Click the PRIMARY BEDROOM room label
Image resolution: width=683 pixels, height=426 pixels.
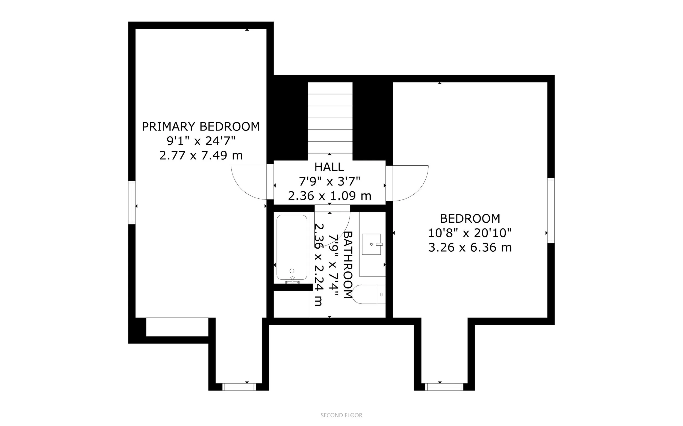[201, 127]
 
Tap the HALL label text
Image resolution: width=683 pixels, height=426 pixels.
[329, 167]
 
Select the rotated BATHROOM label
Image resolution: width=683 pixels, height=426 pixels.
[348, 265]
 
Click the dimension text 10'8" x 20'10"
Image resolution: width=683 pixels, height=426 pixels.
[470, 233]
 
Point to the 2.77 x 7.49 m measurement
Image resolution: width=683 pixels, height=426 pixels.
[201, 155]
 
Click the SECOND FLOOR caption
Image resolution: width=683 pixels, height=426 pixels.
[341, 415]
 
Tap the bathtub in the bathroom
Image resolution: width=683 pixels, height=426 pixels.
[292, 248]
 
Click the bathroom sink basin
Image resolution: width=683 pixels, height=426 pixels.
[371, 244]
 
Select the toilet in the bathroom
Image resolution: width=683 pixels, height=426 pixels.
[369, 294]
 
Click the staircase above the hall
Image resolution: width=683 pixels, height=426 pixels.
[330, 118]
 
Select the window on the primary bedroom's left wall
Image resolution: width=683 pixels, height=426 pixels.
[132, 203]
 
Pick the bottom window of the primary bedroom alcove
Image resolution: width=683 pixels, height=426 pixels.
[239, 387]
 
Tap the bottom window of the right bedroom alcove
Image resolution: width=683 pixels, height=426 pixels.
[444, 387]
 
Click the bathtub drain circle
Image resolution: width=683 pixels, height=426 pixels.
[292, 271]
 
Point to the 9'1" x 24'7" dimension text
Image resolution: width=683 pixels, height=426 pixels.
[201, 141]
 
